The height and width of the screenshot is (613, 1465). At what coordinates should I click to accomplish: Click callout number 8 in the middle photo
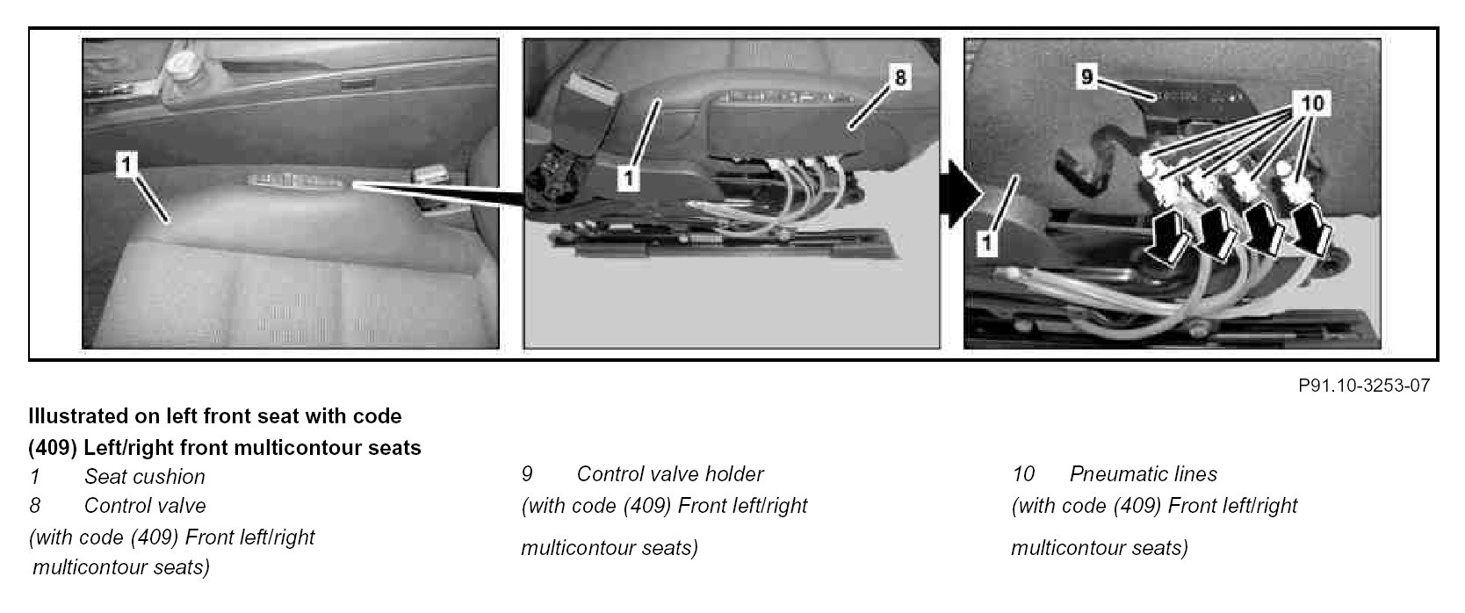(x=900, y=77)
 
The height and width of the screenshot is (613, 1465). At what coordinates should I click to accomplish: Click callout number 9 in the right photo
(x=1086, y=76)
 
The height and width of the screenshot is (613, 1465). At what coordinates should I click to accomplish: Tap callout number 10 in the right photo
(x=1312, y=103)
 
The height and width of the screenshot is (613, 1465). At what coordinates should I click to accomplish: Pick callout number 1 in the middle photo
(x=628, y=178)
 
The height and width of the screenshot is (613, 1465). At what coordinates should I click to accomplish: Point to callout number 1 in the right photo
(x=986, y=244)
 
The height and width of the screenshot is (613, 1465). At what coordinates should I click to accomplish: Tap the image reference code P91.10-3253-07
(x=1364, y=386)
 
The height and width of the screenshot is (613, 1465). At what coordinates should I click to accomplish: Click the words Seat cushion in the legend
(x=145, y=476)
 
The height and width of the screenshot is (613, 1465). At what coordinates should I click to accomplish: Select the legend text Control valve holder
(x=670, y=473)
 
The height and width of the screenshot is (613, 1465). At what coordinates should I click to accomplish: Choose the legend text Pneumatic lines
(x=1144, y=473)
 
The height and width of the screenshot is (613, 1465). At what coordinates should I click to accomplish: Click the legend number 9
(x=527, y=473)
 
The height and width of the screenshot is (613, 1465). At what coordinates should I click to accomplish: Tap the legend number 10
(x=1023, y=473)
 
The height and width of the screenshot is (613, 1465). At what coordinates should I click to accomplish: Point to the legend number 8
(x=35, y=506)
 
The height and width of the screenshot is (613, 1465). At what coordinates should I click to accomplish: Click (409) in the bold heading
(x=53, y=448)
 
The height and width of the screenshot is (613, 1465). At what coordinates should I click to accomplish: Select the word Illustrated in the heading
(x=78, y=416)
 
